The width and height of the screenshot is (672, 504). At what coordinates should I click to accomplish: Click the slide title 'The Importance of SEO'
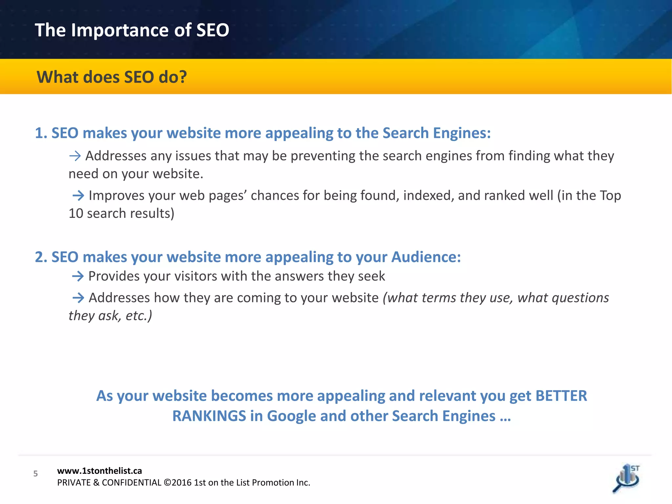[132, 30]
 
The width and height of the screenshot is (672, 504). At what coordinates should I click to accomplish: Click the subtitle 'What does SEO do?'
[112, 77]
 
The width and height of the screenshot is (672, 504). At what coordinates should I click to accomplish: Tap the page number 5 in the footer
[35, 473]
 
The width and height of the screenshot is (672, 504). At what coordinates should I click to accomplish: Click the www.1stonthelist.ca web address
[99, 471]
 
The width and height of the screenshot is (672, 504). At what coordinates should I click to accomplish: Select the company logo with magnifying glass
[626, 479]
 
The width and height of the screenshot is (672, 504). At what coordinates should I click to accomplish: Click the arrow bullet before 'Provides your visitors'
[78, 276]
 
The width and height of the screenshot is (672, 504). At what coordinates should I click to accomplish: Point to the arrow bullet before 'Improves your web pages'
[78, 196]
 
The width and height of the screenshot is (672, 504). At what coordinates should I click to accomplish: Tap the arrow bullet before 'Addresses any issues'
[75, 156]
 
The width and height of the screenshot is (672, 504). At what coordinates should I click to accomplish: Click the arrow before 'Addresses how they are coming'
[78, 298]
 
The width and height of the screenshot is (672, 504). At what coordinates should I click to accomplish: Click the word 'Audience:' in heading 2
[426, 257]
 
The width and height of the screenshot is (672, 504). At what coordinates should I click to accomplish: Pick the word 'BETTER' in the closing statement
[561, 396]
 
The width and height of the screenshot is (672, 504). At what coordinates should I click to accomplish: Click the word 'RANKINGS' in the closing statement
[209, 416]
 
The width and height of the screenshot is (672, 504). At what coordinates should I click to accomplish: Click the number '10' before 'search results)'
[76, 214]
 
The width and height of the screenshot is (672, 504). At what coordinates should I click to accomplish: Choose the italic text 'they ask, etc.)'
[110, 316]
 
